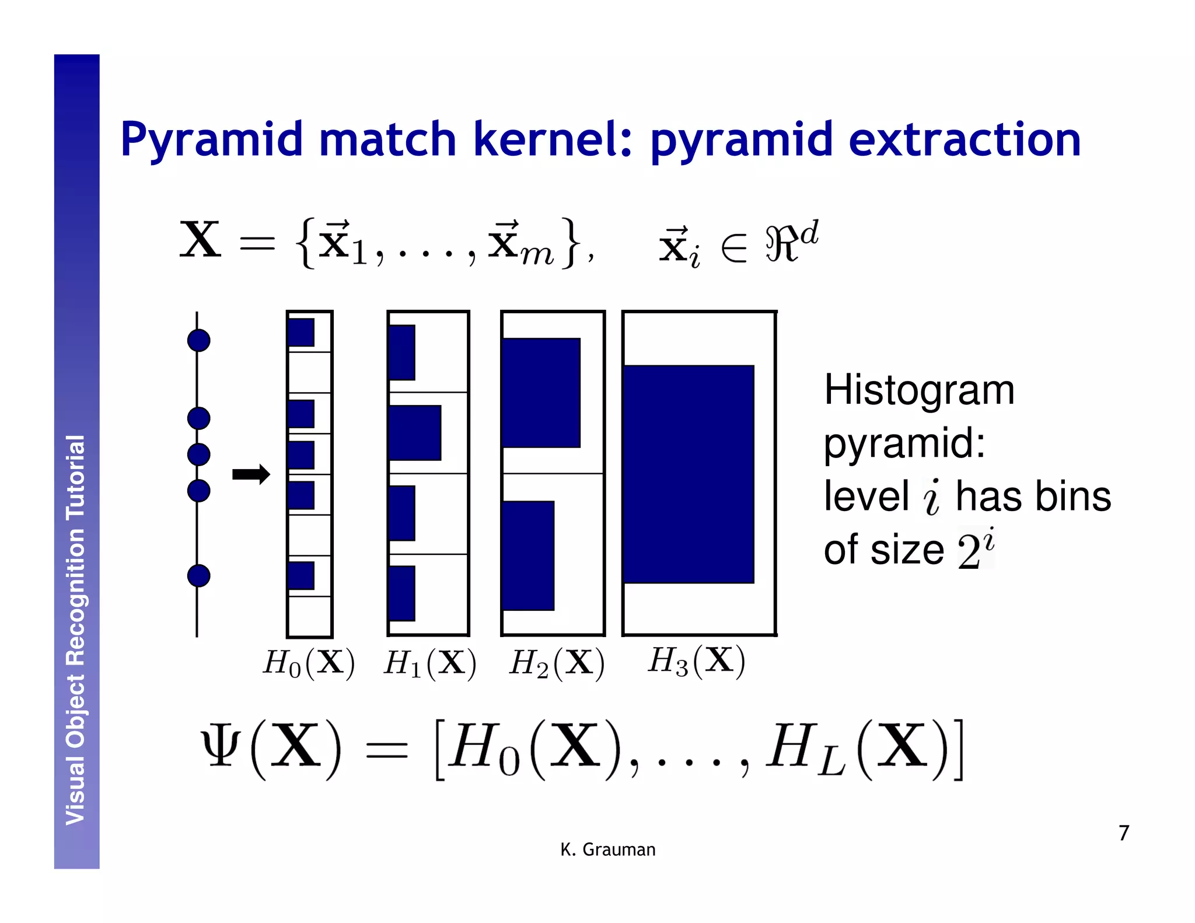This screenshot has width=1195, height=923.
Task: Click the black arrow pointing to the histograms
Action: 251,474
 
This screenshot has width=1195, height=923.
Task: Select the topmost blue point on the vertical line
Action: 198,340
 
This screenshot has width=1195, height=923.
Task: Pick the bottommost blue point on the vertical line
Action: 198,576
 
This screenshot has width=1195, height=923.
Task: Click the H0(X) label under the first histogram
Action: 309,663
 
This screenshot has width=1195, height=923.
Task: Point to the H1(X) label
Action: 430,663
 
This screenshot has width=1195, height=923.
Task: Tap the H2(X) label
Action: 557,663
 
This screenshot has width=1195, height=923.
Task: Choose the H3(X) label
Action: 696,661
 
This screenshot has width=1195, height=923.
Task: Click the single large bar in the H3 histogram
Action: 689,474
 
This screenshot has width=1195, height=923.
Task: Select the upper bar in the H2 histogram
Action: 541,393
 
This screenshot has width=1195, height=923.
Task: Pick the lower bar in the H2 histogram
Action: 528,555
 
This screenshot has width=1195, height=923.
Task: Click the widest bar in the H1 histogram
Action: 415,433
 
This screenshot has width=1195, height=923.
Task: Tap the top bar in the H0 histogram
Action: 301,333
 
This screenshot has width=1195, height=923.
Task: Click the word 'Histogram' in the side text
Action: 919,390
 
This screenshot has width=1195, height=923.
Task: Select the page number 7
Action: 1124,833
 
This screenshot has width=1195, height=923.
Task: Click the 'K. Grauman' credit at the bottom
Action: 607,849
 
